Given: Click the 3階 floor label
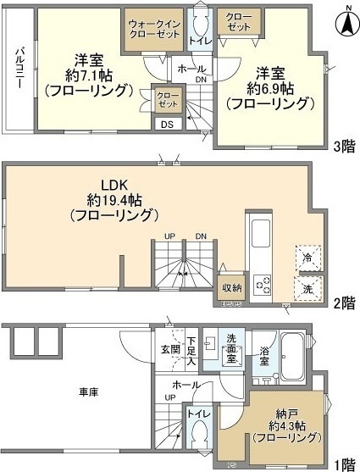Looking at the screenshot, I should click(x=343, y=145).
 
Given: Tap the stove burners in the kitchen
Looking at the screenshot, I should click(x=260, y=283).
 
